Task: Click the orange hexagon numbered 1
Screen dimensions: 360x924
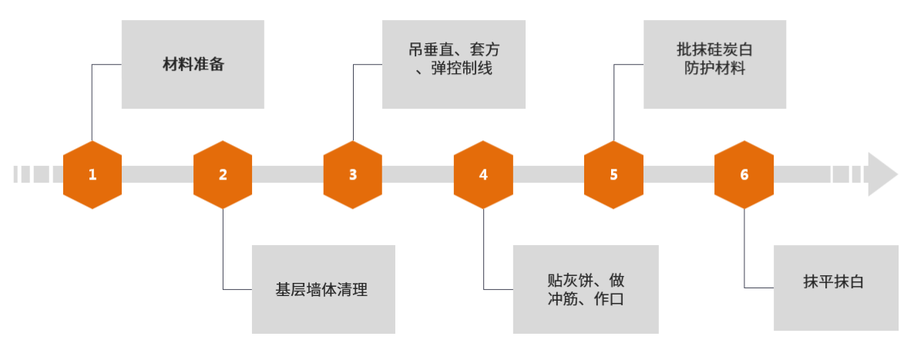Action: (92, 174)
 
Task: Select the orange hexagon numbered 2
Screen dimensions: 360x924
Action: (223, 174)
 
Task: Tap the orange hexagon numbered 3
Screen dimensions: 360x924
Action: (353, 174)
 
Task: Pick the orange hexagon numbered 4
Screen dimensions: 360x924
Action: (483, 174)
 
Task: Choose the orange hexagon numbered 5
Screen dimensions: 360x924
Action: (613, 174)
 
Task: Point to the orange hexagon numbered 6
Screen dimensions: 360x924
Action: (744, 174)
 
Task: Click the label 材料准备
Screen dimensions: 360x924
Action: (193, 64)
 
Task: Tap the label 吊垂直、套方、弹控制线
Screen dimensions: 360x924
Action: (453, 59)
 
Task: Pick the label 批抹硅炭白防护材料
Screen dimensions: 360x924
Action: (714, 59)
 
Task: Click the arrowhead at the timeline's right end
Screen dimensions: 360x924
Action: (882, 174)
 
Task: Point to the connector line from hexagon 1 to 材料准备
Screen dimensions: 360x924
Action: (92, 100)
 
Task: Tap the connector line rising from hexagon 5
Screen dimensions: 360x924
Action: (614, 100)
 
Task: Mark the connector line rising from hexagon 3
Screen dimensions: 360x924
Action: (354, 100)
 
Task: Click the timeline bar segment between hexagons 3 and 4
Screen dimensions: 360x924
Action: (418, 174)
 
